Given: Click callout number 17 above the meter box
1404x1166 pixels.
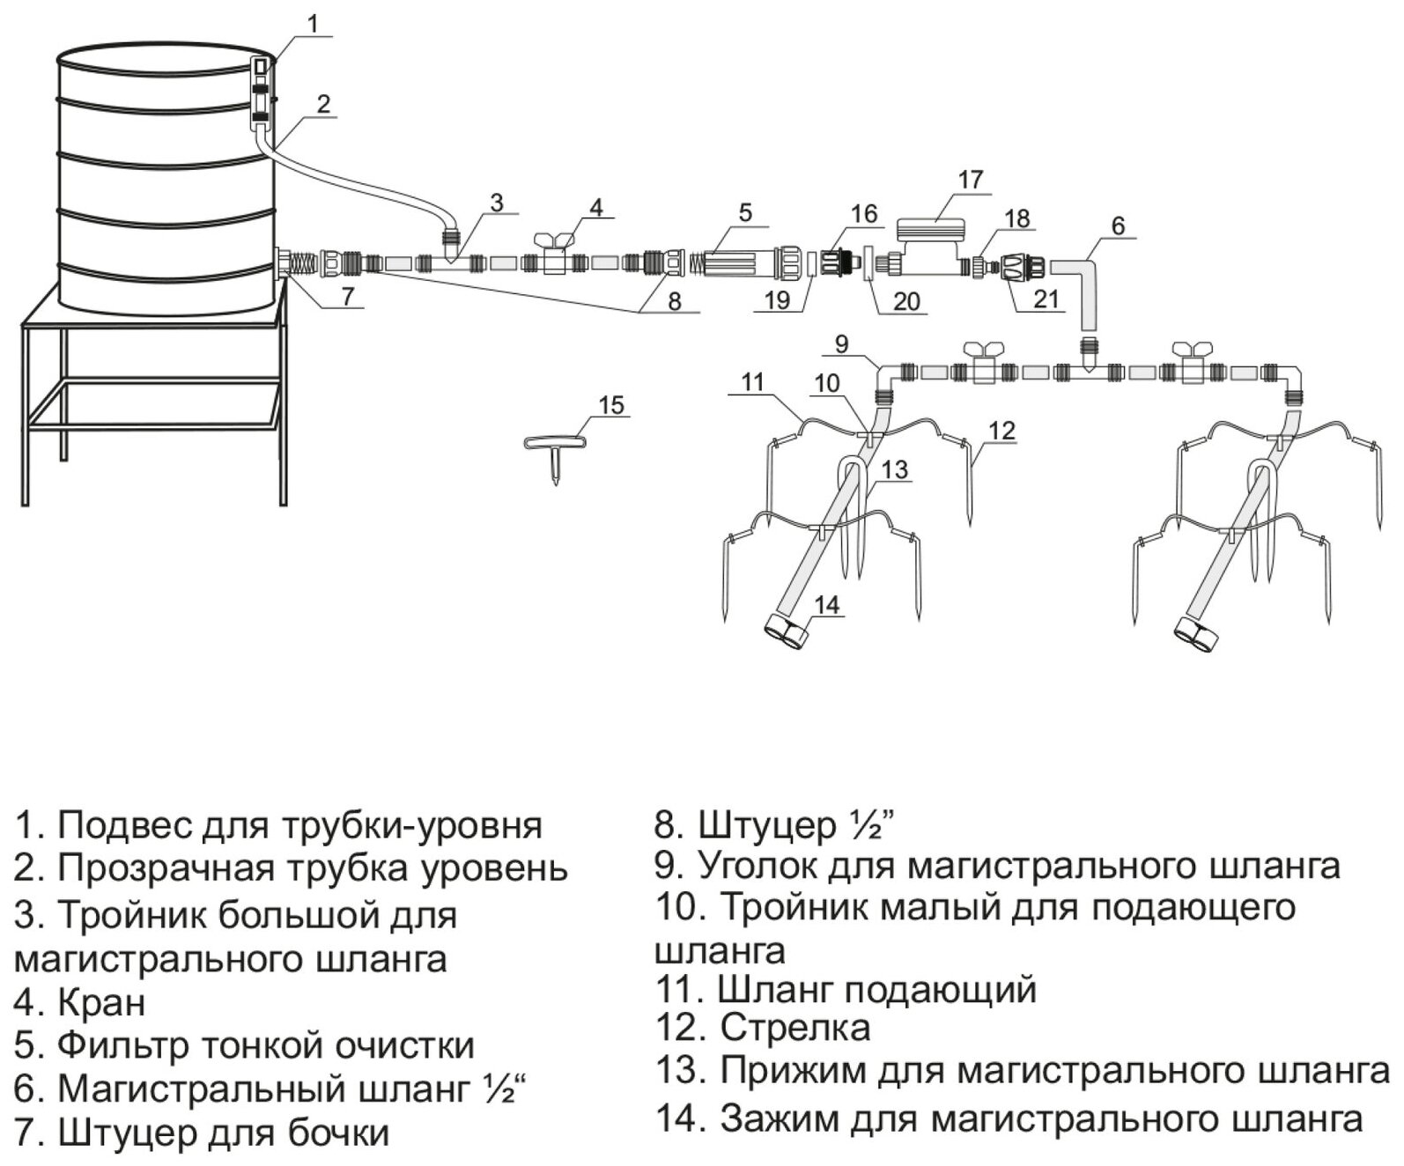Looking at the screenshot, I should (970, 180).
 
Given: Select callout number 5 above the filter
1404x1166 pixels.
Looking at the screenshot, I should (745, 212).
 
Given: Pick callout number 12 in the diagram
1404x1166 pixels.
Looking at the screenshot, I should (1002, 431).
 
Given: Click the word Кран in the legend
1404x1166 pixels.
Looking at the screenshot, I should (102, 1002).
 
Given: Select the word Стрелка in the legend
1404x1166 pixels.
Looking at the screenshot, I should (795, 1027).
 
